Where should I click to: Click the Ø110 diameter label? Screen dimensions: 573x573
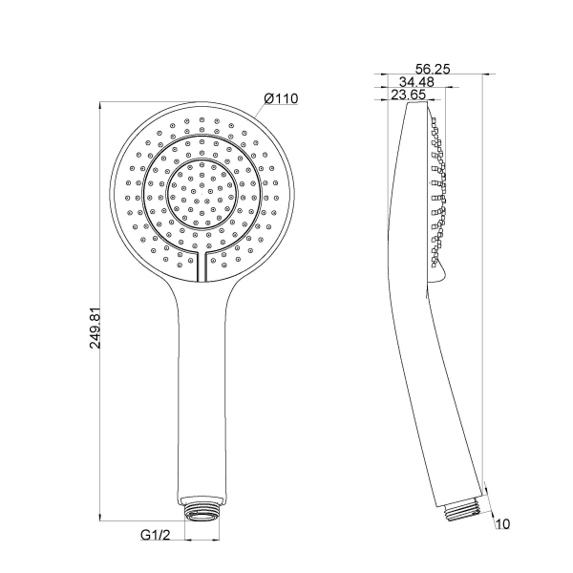pyautogui.click(x=280, y=98)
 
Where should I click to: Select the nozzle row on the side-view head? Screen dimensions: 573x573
pyautogui.click(x=437, y=191)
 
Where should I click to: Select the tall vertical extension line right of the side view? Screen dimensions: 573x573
pyautogui.click(x=482, y=286)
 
